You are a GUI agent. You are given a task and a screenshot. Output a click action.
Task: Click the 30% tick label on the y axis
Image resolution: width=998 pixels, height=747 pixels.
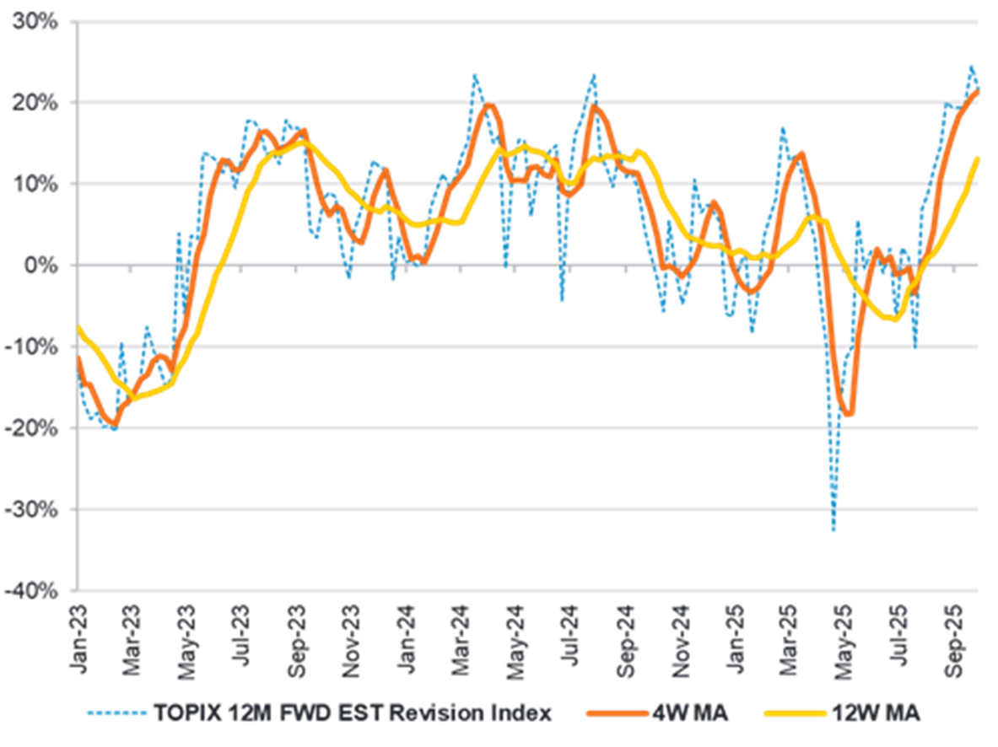tap(35, 21)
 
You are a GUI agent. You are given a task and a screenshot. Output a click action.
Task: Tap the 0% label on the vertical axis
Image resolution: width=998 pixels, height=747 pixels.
tap(43, 266)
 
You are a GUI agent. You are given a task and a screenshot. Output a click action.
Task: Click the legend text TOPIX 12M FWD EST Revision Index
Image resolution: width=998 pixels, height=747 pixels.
tap(352, 714)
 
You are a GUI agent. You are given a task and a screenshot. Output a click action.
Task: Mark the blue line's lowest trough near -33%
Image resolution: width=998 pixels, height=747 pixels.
tap(833, 531)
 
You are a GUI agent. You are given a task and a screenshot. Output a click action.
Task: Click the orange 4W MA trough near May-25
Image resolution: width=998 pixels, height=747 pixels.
tap(850, 414)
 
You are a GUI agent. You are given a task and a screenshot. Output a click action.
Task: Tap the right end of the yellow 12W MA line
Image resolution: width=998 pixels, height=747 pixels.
tap(979, 158)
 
